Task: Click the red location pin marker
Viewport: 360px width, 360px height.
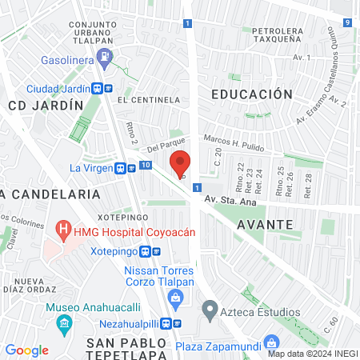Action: pos(182,164)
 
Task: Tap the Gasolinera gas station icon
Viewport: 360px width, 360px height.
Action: pos(104,57)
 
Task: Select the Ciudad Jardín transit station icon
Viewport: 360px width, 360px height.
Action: pos(101,89)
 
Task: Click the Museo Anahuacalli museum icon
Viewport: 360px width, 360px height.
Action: pos(64,324)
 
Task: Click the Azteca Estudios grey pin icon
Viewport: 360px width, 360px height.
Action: pos(210,308)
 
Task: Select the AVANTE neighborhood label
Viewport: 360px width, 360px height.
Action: pos(265,225)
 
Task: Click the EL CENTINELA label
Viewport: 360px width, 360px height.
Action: pos(148,100)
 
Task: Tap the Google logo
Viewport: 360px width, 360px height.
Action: pos(26,350)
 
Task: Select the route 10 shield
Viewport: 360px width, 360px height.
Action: pos(144,165)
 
